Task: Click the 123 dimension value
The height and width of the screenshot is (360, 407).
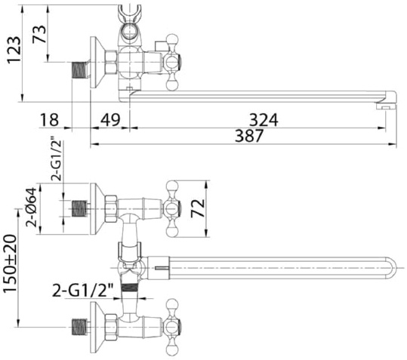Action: [x=14, y=49]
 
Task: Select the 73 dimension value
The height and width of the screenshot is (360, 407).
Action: [x=39, y=34]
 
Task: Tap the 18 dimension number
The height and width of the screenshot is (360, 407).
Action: [x=49, y=120]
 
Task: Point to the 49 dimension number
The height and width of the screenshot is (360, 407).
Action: [x=110, y=120]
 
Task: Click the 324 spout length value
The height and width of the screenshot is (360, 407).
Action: [x=264, y=120]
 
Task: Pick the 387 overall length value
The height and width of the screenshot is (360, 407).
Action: [x=249, y=135]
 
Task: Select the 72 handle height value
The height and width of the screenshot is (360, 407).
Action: [x=198, y=208]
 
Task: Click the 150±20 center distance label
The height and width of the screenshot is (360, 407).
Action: [x=11, y=264]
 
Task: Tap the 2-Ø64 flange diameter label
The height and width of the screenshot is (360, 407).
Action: [x=32, y=208]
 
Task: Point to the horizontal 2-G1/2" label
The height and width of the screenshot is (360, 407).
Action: [x=83, y=291]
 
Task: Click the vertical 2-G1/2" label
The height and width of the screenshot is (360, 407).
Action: [x=57, y=161]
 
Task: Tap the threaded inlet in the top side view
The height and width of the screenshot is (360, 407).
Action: [x=79, y=69]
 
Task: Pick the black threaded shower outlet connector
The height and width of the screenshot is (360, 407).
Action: [x=131, y=288]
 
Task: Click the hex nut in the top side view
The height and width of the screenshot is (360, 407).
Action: [x=111, y=62]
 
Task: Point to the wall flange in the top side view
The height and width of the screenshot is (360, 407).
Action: [x=97, y=62]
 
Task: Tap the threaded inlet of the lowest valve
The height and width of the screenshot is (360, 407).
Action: [x=79, y=327]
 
